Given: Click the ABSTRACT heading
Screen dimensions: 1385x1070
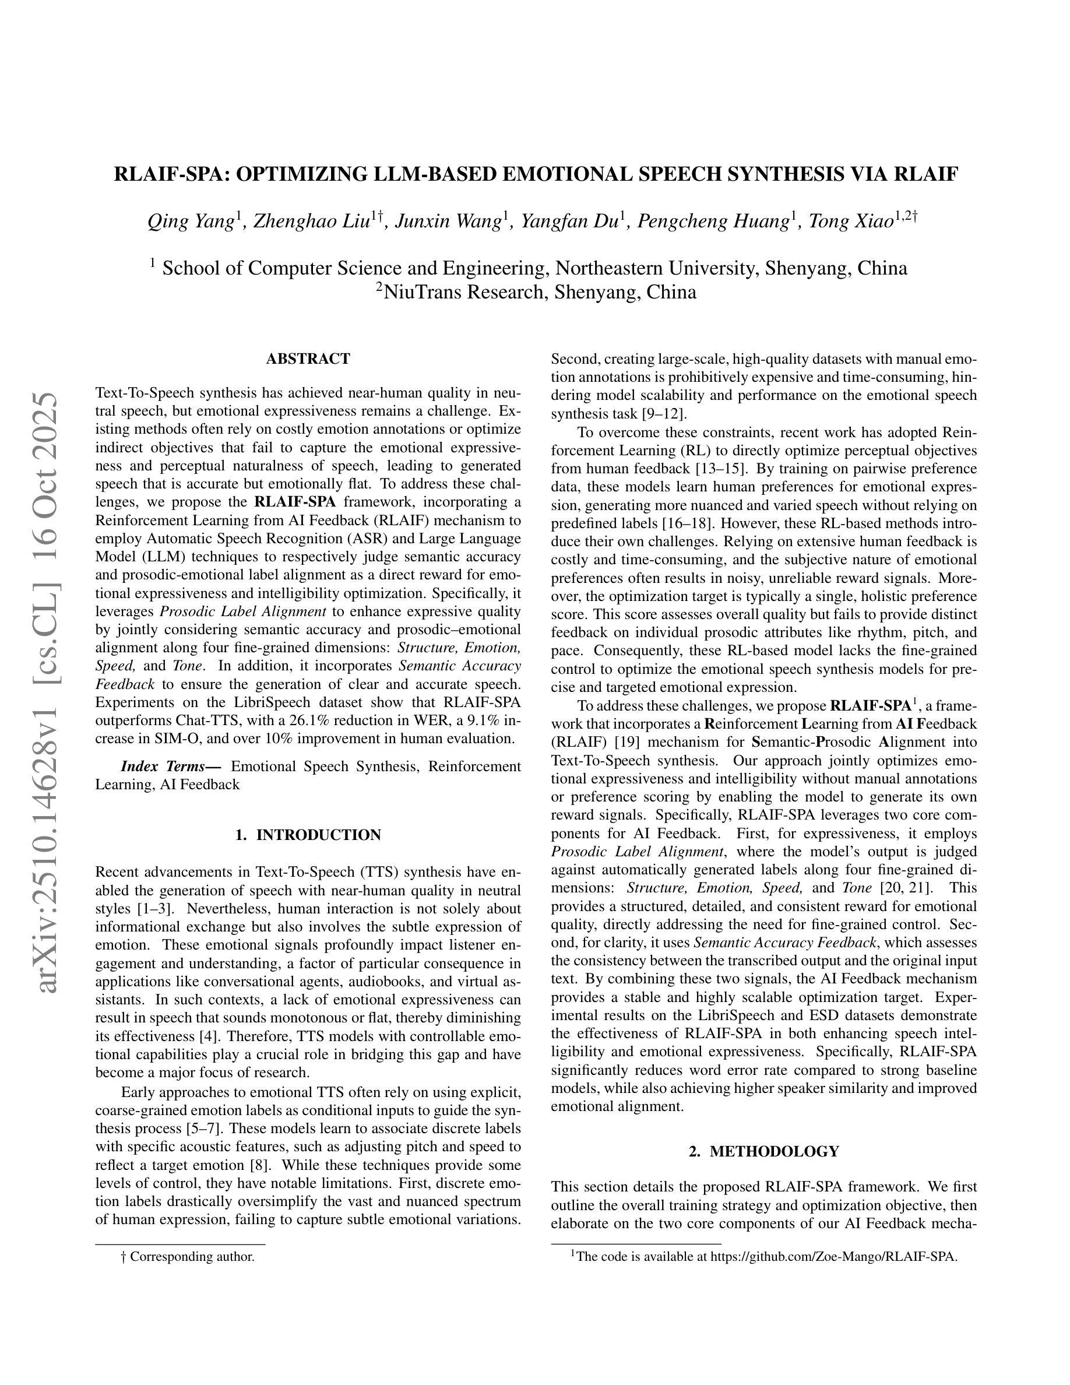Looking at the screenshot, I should [x=308, y=359].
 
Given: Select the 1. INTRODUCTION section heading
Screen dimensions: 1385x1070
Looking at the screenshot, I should [x=308, y=835].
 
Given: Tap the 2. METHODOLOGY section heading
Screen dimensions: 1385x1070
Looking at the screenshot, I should [x=764, y=1151].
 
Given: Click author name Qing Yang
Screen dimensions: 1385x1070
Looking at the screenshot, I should [x=190, y=222].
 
